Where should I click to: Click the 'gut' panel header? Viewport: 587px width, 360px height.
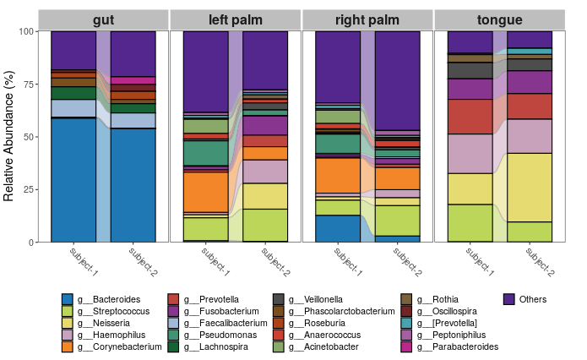coord(103,19)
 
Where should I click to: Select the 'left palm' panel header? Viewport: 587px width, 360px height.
coord(236,19)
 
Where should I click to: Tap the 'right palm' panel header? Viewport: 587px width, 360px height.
coord(367,19)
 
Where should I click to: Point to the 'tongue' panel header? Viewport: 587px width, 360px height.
coord(499,19)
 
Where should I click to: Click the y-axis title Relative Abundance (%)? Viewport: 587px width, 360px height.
coord(10,137)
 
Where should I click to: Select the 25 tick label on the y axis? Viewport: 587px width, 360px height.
coord(27,189)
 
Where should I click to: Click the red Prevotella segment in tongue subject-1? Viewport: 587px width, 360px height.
coord(470,117)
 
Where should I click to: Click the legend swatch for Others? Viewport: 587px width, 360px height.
coord(509,299)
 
